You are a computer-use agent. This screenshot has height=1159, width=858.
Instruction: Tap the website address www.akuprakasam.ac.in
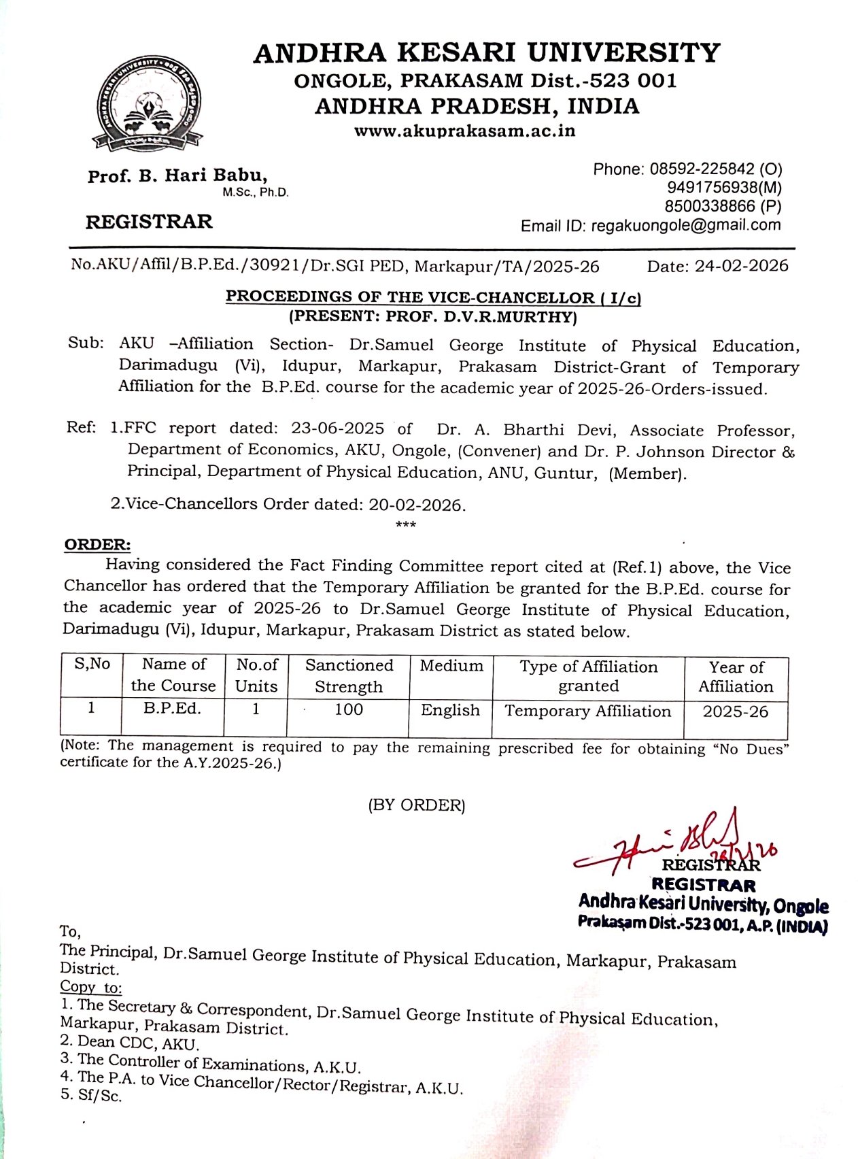(464, 131)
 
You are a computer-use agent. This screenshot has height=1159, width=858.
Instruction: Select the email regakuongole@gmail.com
(686, 225)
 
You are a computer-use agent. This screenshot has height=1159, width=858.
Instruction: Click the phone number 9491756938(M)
(724, 187)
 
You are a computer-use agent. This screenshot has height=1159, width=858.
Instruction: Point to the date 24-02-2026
(741, 266)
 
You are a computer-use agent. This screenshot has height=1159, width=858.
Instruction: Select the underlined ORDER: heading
(97, 545)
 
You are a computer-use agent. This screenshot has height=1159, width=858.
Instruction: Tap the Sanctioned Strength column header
(349, 675)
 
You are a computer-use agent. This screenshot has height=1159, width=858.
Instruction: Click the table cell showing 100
(349, 709)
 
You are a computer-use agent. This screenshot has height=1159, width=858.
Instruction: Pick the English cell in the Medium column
(450, 710)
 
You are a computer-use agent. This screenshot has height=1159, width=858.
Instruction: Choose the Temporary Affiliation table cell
(588, 711)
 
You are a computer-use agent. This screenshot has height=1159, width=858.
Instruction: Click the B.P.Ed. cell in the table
(173, 708)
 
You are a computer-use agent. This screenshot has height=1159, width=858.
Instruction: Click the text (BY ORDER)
(417, 805)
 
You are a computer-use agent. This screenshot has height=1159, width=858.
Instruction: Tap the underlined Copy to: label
(90, 986)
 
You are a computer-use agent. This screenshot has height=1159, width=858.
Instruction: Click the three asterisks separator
(405, 524)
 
